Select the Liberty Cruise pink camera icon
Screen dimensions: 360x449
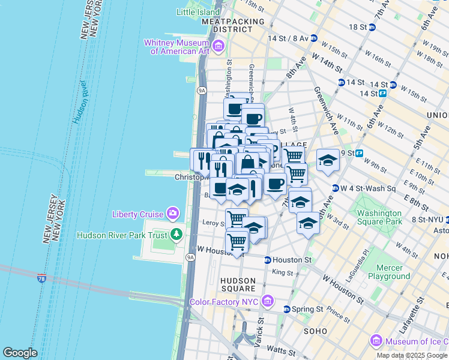[x=173, y=214]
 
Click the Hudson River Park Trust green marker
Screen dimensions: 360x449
[x=176, y=234]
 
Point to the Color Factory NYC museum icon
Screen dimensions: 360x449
[x=268, y=301]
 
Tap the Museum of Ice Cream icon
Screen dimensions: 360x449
[x=376, y=341]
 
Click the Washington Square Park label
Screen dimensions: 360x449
[x=379, y=217]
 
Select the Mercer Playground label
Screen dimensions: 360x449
[x=388, y=272]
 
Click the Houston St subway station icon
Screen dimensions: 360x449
[x=267, y=260]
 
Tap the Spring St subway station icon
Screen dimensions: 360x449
[x=286, y=309]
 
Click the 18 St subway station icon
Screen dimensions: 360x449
[x=372, y=27]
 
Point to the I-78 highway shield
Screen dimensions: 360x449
[x=41, y=278]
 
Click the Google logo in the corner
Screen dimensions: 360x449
[x=20, y=353]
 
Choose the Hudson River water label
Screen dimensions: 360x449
[x=80, y=101]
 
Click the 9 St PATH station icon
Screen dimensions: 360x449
[x=360, y=153]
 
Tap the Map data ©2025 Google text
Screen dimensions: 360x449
[x=412, y=355]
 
